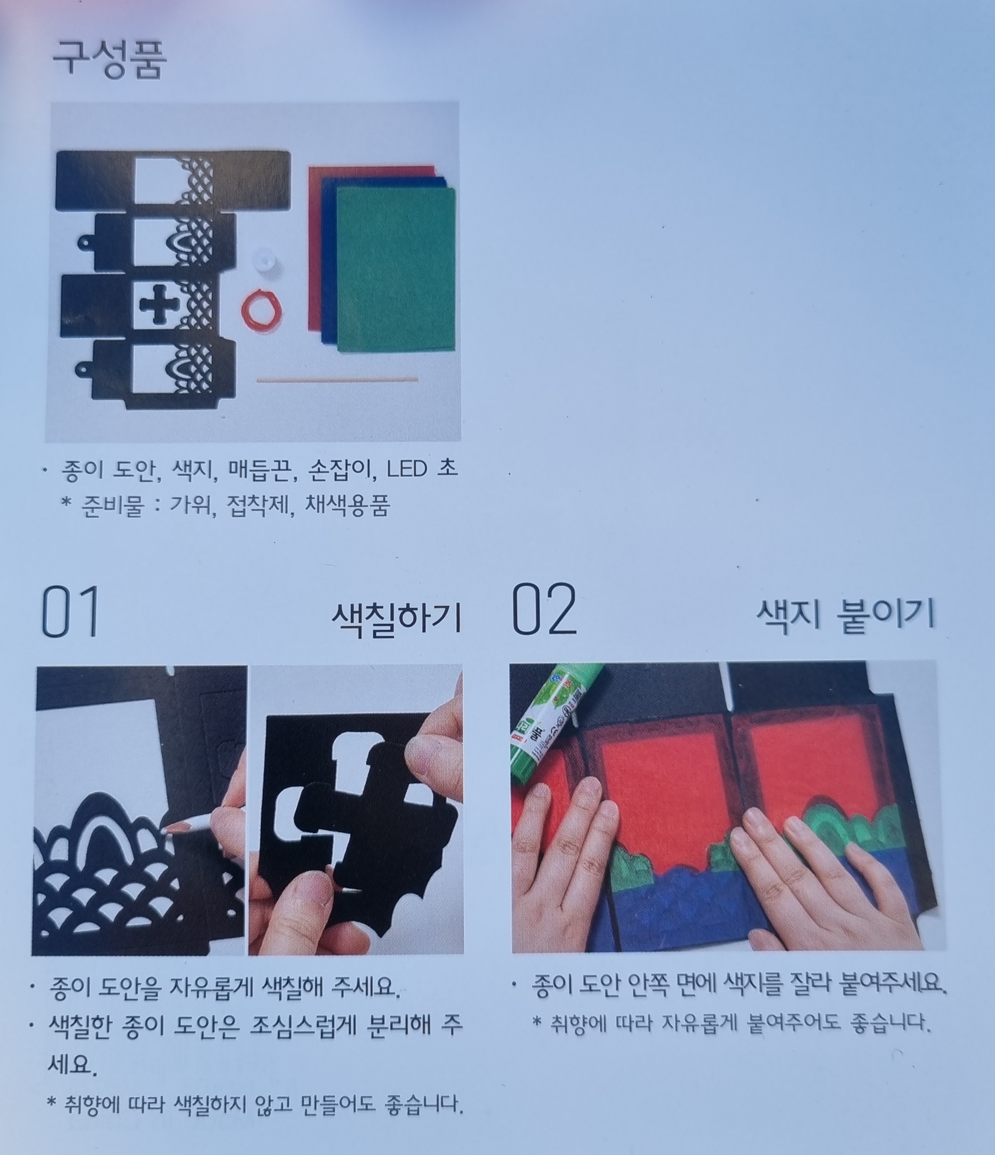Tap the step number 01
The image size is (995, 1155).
pyautogui.click(x=71, y=612)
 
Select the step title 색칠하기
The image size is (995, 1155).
pyautogui.click(x=397, y=618)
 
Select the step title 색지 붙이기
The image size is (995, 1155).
pyautogui.click(x=845, y=615)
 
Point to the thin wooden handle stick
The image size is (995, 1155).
pyautogui.click(x=337, y=380)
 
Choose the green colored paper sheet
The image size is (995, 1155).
pyautogui.click(x=396, y=269)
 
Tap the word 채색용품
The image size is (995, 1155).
pyautogui.click(x=347, y=505)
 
